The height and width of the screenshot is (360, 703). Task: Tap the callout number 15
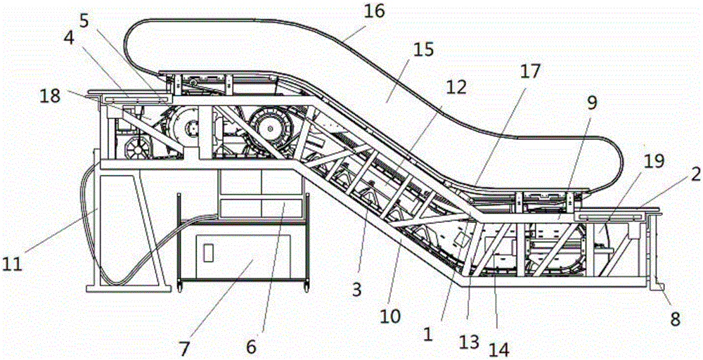[424, 49]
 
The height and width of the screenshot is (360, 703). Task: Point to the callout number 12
[456, 87]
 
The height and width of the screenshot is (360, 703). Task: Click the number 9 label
[592, 103]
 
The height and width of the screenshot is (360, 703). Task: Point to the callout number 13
[470, 342]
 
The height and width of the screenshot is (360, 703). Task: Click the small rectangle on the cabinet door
[207, 252]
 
